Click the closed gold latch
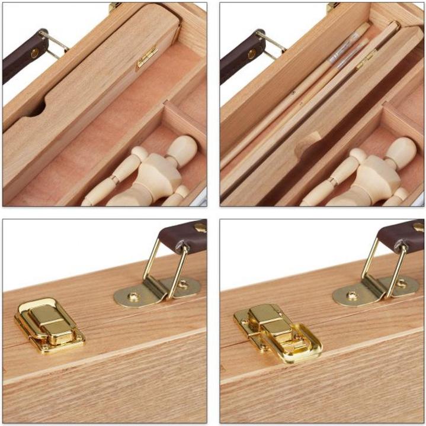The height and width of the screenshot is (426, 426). point(49,324)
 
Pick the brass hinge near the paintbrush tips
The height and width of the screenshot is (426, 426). point(366,59)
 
